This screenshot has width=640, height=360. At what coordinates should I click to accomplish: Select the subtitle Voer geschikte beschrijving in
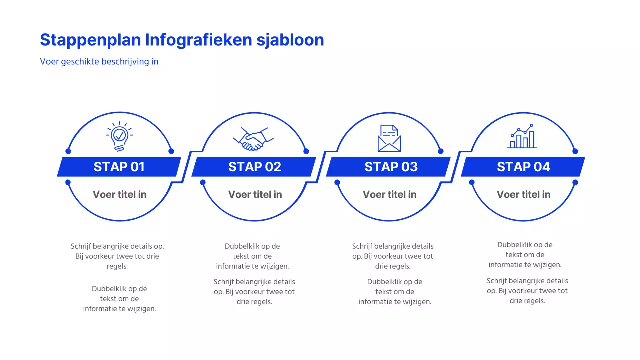(99, 62)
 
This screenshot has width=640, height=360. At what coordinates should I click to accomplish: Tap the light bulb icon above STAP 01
(119, 136)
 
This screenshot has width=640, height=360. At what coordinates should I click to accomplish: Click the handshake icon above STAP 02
(254, 138)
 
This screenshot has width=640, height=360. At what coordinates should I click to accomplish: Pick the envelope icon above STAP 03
(389, 138)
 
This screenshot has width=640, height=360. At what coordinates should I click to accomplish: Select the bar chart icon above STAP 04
(522, 137)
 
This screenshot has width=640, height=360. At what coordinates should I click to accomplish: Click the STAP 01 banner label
(119, 167)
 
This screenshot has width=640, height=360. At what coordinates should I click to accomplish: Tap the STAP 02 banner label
(254, 167)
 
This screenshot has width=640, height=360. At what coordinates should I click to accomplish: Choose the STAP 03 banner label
(391, 167)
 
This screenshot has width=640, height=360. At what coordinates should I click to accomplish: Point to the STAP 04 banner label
(523, 167)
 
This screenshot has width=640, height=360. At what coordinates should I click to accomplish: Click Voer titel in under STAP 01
(119, 194)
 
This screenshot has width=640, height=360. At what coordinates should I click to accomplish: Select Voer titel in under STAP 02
(255, 194)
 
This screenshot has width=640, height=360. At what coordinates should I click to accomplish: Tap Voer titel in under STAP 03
(389, 194)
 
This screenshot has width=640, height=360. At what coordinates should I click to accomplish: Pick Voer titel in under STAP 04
(523, 194)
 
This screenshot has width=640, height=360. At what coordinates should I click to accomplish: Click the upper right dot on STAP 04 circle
(575, 151)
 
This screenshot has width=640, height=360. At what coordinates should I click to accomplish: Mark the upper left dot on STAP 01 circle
(68, 151)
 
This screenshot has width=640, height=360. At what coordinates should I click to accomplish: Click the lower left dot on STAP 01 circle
(68, 182)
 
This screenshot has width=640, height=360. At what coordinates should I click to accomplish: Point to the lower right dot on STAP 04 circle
(575, 182)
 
